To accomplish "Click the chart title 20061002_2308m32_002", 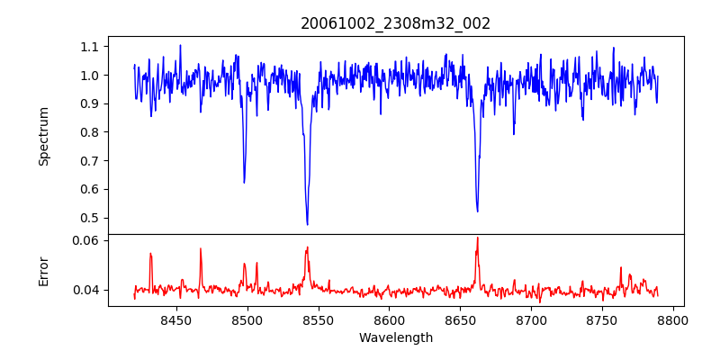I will (x=395, y=23).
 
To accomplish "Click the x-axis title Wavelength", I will (x=395, y=337).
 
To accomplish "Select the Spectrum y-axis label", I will (x=43, y=136).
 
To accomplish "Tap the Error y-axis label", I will (x=43, y=271).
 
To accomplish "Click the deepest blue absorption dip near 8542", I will (x=307, y=224).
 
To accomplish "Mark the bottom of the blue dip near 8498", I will (x=244, y=183).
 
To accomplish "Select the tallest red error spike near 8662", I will (x=477, y=238).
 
